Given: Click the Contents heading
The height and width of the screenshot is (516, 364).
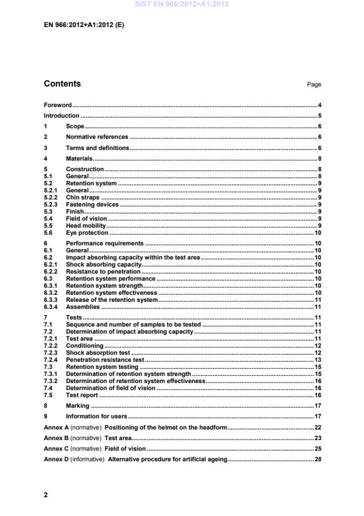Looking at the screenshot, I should click(62, 84).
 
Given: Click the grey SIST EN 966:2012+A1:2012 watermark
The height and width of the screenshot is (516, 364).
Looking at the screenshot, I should click(182, 5).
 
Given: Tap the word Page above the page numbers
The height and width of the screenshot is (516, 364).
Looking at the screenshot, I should click(314, 85).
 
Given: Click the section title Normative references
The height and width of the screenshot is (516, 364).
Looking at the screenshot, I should click(97, 137).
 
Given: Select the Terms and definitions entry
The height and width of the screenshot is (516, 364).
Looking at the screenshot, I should click(98, 148).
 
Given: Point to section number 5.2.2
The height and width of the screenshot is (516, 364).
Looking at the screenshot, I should click(52, 198).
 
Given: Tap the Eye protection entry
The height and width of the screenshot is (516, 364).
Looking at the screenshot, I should click(87, 232).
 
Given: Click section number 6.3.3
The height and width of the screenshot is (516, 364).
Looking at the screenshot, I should click(52, 299).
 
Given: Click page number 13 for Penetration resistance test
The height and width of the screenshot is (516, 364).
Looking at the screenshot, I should click(318, 359).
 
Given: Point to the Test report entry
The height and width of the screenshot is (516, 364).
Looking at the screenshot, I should click(82, 395).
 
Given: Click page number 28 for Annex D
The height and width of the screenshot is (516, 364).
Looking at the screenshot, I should click(318, 458).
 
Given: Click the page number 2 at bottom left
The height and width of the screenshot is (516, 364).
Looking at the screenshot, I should click(46, 495).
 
